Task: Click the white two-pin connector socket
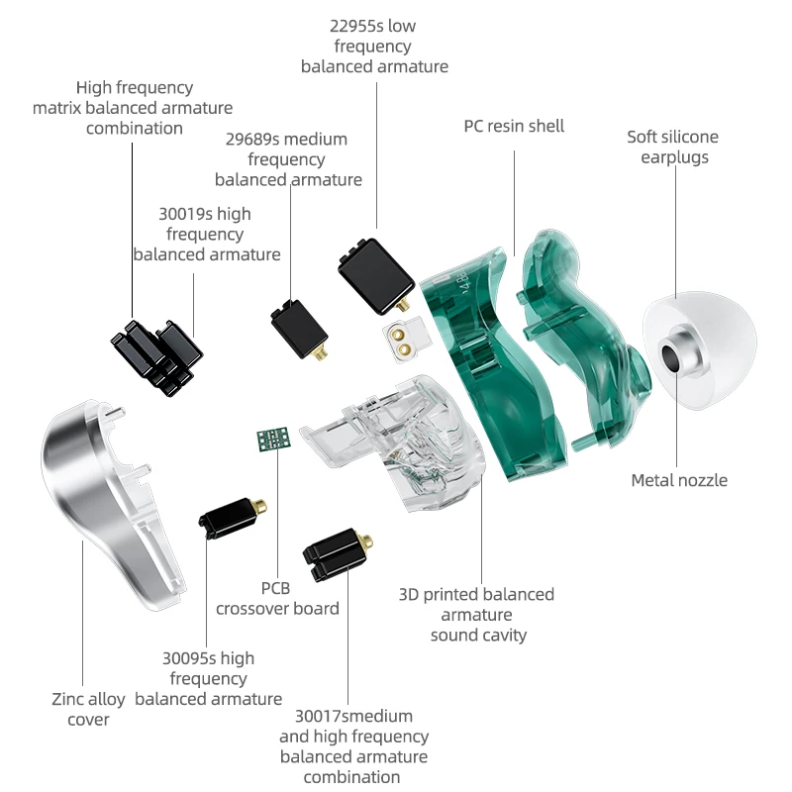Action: (402, 340)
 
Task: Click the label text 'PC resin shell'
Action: (514, 126)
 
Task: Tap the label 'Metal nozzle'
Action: (679, 480)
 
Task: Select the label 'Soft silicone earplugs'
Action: (673, 147)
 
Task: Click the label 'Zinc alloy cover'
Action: (88, 709)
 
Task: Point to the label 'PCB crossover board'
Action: (277, 598)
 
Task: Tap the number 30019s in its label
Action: (187, 214)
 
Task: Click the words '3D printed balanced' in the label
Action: (476, 594)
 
